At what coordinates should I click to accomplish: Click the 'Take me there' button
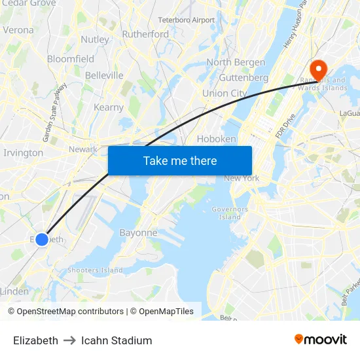point(180,161)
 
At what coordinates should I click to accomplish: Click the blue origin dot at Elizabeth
point(42,240)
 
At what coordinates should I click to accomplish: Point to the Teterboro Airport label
point(186,20)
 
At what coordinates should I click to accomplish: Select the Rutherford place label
point(145,34)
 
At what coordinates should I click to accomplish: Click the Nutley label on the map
point(95,39)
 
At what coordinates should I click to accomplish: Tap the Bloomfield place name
point(71,59)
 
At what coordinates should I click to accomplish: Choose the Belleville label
point(104,75)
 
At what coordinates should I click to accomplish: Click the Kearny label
point(109,107)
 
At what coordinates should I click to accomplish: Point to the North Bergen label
point(236,62)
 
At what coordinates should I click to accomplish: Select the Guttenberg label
point(243,77)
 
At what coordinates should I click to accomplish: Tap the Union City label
point(225,93)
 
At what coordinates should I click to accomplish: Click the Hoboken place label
point(216,139)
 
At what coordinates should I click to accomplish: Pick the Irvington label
point(24,153)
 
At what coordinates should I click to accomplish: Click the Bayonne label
point(138,232)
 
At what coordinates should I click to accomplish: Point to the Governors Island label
point(230,213)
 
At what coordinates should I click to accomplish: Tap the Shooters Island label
point(96,270)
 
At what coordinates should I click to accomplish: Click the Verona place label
point(18,29)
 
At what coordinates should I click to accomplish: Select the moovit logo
point(321,340)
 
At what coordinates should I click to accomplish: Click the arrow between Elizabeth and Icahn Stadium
point(69,340)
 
